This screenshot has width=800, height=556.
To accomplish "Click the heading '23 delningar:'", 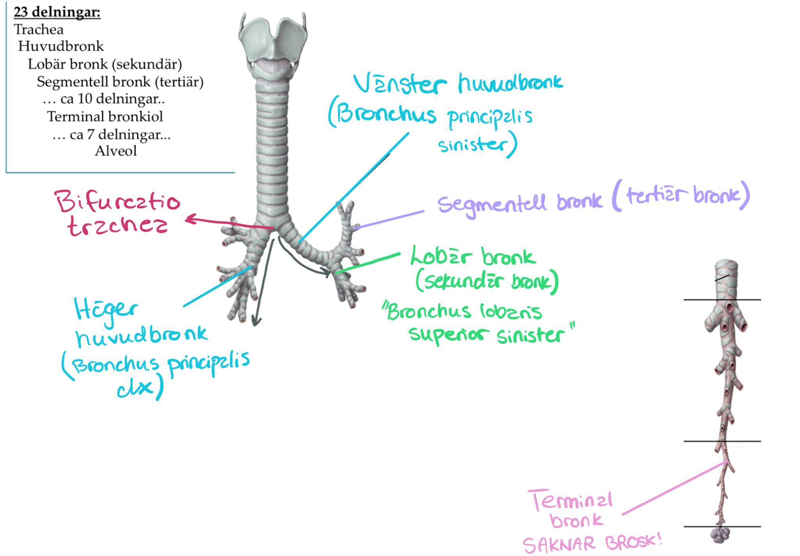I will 57,12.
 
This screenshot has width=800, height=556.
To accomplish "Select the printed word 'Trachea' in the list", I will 39,30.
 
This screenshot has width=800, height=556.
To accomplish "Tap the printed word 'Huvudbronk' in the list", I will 61,46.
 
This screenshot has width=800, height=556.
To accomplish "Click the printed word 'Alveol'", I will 116,151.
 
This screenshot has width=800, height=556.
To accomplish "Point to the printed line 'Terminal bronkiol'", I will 105,116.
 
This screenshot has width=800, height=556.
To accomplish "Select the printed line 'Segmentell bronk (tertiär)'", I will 120,82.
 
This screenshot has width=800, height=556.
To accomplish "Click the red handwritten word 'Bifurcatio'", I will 117,202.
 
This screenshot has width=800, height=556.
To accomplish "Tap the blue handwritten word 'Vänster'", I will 399,84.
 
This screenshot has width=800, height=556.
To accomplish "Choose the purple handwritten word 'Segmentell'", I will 491,204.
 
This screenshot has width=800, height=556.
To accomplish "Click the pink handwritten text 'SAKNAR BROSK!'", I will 591,543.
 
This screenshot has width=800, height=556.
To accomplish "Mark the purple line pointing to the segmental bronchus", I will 389,219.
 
